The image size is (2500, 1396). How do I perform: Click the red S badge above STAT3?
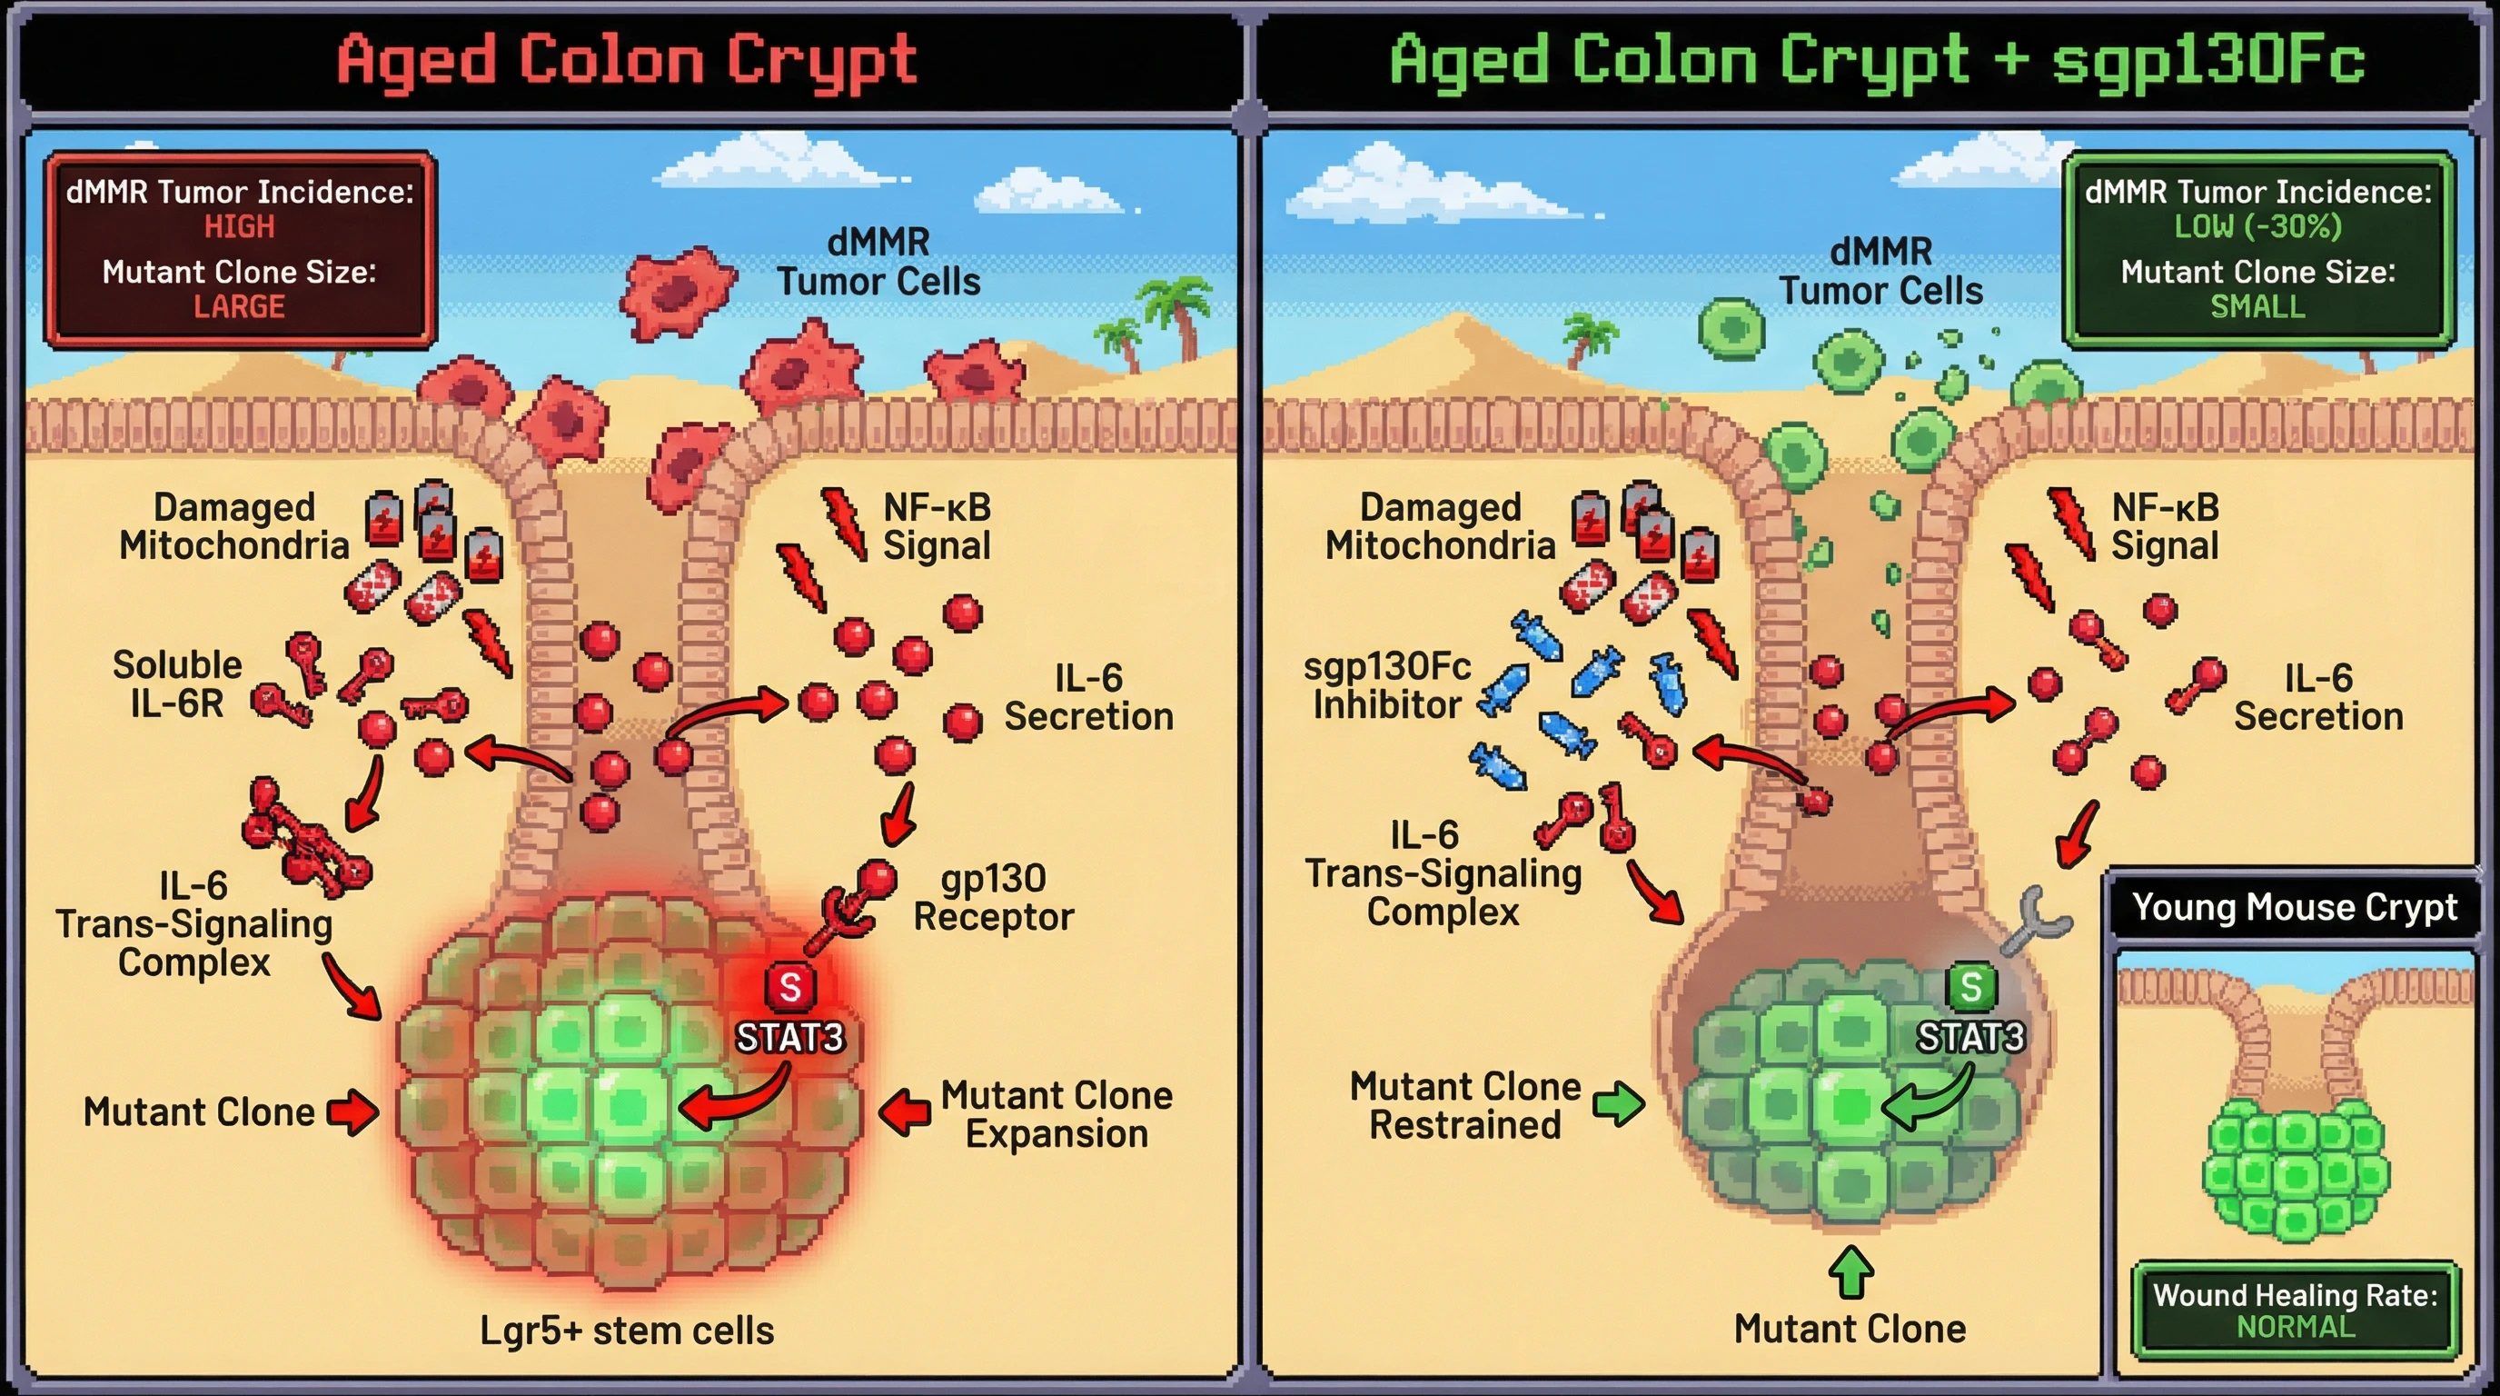[x=790, y=987]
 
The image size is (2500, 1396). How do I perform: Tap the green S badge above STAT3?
[x=1970, y=987]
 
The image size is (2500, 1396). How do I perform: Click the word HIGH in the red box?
[x=239, y=227]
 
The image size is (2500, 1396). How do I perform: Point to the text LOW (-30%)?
[x=2257, y=227]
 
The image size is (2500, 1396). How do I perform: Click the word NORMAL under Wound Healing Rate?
[x=2296, y=1327]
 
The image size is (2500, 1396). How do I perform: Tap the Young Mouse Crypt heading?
[x=2295, y=907]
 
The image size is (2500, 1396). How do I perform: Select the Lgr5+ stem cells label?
[x=627, y=1331]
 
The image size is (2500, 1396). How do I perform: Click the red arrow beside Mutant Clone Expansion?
[x=906, y=1112]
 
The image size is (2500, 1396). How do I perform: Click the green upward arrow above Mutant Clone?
[x=1850, y=1272]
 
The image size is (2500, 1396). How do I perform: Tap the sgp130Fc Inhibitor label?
[x=1387, y=685]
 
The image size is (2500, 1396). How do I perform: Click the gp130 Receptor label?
[x=993, y=897]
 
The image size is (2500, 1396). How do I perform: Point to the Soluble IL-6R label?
[x=176, y=683]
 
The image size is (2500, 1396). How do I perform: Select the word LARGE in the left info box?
[x=239, y=307]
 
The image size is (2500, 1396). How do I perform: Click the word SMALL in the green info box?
[x=2257, y=307]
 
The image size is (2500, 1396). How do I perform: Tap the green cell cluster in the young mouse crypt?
[x=2296, y=1170]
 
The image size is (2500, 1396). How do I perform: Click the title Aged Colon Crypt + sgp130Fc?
[x=1877, y=60]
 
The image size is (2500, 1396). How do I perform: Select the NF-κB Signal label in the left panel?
[x=937, y=526]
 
